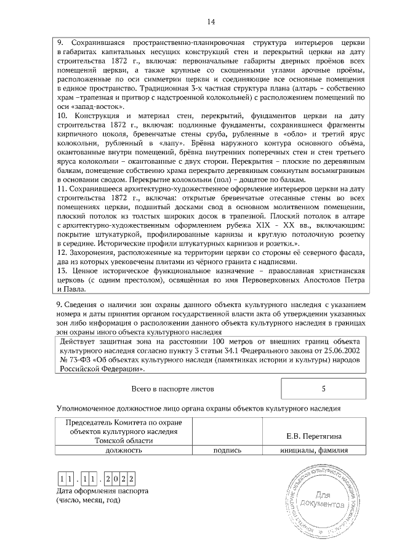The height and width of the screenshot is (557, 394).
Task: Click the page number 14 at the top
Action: [211, 22]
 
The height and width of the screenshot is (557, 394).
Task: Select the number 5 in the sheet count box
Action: [323, 389]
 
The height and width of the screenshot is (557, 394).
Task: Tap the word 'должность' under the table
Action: [124, 450]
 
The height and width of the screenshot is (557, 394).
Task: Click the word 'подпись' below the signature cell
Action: [227, 450]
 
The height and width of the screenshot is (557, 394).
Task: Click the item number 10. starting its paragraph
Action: [62, 115]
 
